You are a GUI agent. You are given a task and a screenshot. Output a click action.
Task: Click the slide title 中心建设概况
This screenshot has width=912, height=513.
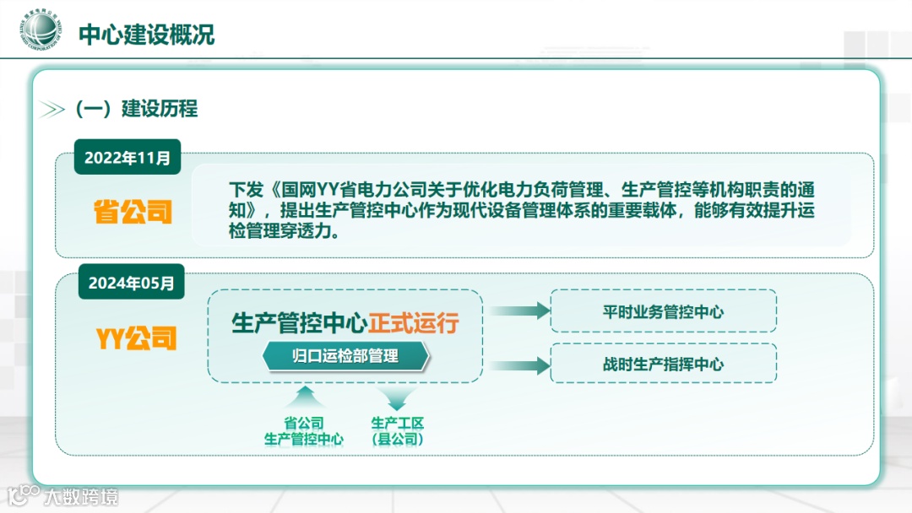coord(146,35)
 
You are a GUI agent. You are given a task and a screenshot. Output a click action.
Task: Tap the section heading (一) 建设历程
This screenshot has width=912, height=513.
coord(136,109)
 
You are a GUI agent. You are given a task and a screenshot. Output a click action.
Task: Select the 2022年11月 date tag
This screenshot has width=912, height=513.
coord(128,157)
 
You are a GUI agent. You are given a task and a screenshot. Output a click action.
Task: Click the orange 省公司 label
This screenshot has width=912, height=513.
coord(133,212)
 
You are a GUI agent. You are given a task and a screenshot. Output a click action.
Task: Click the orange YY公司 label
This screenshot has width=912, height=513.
coord(135,339)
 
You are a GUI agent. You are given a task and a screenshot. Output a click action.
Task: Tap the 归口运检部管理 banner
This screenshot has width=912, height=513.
coord(345,357)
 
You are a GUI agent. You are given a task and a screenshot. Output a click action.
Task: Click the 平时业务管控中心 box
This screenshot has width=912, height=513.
coord(663,311)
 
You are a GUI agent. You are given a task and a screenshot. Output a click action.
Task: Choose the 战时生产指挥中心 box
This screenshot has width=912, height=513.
coord(663,364)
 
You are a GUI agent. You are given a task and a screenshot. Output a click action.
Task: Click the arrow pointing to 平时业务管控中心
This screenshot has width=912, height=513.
coord(519,310)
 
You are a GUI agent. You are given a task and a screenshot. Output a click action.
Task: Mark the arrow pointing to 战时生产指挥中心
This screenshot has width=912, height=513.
coord(519,365)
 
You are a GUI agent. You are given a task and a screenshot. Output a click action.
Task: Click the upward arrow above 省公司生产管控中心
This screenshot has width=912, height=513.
coord(303,396)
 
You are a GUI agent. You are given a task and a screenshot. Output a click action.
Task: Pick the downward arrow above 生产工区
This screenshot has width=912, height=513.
coord(397,397)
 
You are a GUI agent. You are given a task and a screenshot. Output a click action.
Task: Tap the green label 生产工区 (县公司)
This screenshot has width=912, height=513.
coord(397,431)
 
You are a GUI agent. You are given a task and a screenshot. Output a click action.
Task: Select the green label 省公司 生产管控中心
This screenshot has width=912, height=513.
coord(303,431)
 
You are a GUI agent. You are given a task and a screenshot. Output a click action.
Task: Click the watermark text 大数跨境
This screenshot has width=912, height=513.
coord(81,496)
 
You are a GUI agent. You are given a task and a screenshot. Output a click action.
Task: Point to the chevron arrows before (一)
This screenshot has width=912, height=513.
coord(52,110)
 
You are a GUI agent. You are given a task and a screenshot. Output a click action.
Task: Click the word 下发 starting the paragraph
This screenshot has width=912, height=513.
coord(242,190)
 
